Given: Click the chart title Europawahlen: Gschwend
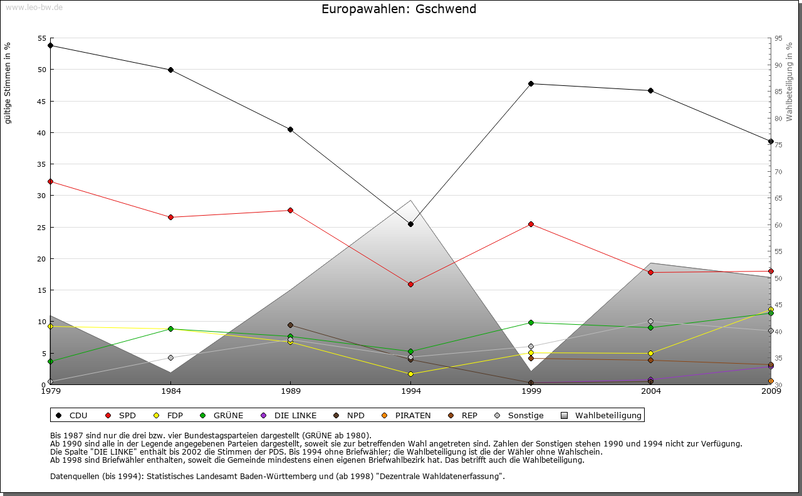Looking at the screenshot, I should point(398,9).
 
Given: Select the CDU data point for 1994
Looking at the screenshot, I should point(410,224).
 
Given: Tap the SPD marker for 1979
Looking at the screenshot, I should point(50,181).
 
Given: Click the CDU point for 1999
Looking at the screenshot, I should point(531,83).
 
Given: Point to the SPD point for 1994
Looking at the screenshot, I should point(410,284).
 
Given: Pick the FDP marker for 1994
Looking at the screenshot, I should point(410,374).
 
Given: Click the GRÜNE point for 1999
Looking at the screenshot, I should point(531,322).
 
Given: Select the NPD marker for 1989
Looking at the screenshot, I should point(290,325).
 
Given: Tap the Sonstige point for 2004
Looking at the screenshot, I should point(650,321).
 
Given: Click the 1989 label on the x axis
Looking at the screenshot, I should point(291,391).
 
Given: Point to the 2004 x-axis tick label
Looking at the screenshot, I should point(651,391).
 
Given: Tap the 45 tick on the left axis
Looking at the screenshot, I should point(42,101).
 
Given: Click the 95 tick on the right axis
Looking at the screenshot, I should point(778,38).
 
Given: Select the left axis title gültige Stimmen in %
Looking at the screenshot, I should point(8,83).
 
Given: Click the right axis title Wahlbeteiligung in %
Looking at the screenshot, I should point(789,82).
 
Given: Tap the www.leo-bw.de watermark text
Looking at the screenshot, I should point(34,7).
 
